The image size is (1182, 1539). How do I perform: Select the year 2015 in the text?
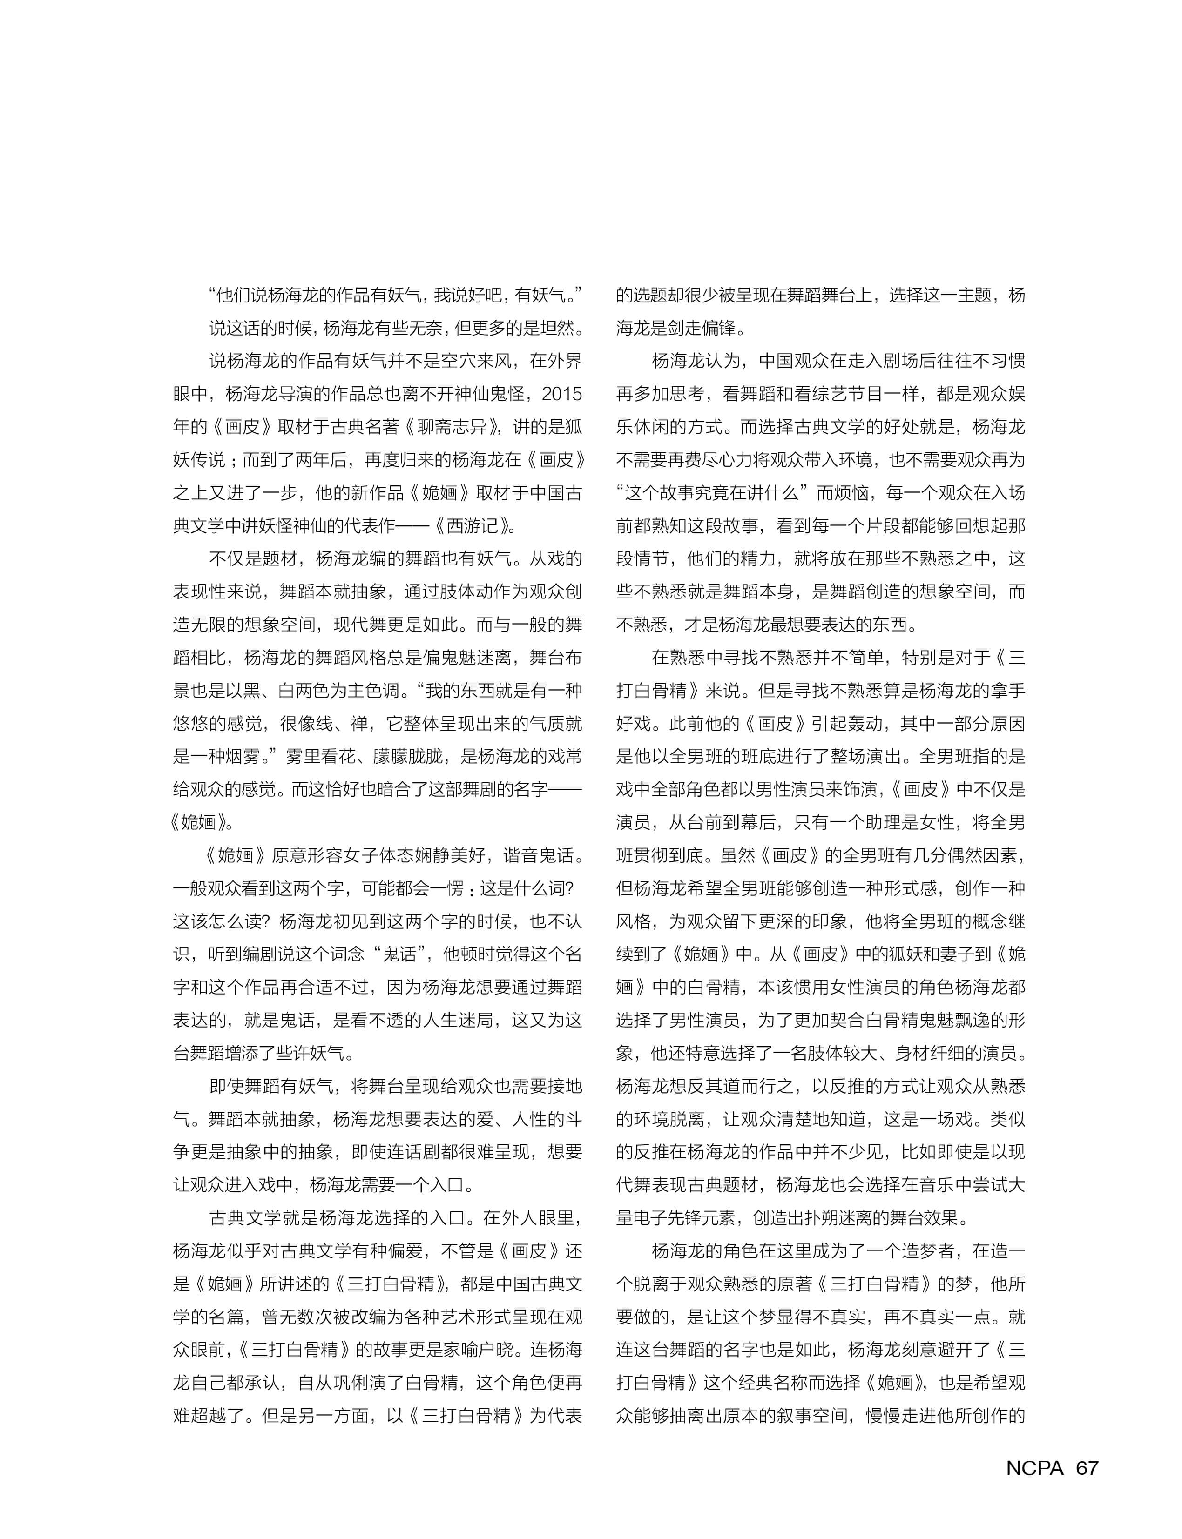coord(562,394)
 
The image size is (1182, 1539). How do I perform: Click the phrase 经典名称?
coord(791,1383)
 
